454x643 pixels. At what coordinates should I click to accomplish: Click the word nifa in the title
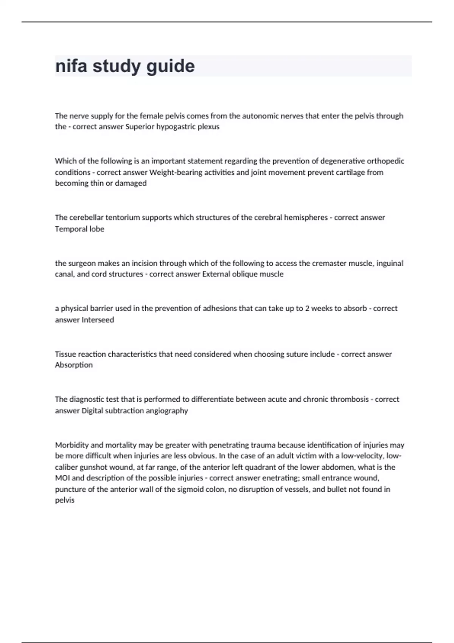pos(71,66)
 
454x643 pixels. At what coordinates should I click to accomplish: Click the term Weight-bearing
pos(176,172)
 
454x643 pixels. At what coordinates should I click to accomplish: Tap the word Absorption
pos(74,365)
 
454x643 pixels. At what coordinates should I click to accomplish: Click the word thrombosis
pos(349,399)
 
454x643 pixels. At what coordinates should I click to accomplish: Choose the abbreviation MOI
pos(62,478)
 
